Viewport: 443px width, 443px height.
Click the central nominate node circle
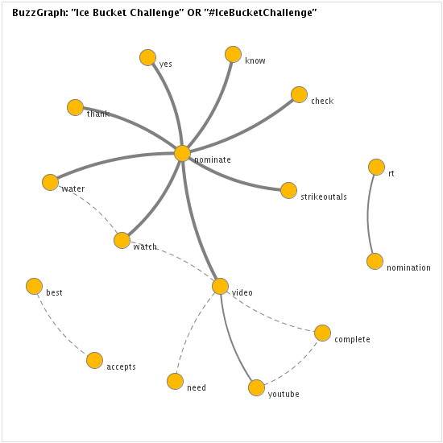point(182,153)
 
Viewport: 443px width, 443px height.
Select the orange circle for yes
point(147,57)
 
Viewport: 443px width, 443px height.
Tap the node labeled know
point(233,54)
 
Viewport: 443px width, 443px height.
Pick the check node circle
point(299,95)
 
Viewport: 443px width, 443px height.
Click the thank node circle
point(75,107)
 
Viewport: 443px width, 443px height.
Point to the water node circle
point(50,182)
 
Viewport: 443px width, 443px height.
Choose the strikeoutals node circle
point(288,190)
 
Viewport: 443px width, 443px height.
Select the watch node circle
point(122,241)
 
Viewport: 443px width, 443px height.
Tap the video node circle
point(220,286)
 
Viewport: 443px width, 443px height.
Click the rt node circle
point(376,167)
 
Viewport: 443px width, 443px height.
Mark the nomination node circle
point(375,261)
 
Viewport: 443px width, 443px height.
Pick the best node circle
point(34,286)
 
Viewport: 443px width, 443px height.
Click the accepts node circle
point(94,360)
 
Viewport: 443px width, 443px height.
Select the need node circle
point(175,381)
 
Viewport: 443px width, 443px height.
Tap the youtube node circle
point(256,387)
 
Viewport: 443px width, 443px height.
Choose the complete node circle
point(322,333)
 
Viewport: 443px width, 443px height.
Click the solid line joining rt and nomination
point(368,214)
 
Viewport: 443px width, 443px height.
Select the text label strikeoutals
point(324,197)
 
